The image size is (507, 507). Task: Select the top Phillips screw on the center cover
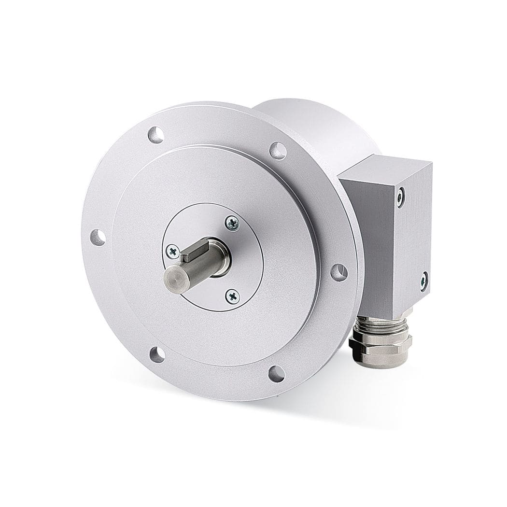(232, 223)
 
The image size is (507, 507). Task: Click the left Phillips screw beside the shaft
(172, 250)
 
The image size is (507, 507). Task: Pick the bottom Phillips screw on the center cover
(232, 296)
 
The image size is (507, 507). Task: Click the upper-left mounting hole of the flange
(155, 134)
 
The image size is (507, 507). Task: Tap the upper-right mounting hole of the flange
(278, 151)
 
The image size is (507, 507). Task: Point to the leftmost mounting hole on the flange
(98, 237)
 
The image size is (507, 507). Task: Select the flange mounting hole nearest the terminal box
(339, 272)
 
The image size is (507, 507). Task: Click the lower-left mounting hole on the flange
(157, 354)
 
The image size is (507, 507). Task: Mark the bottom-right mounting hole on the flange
(277, 373)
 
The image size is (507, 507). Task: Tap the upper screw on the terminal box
(401, 197)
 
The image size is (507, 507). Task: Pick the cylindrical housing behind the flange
(319, 126)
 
